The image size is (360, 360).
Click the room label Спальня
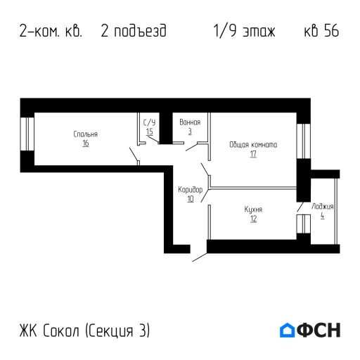(x=85, y=134)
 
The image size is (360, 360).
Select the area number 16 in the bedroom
(x=85, y=143)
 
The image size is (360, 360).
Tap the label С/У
(x=149, y=122)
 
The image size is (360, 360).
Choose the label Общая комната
(x=253, y=145)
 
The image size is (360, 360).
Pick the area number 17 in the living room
(x=253, y=153)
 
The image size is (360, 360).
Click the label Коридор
(x=190, y=190)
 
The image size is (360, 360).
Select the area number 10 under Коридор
(x=190, y=198)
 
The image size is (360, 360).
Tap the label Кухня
(x=253, y=210)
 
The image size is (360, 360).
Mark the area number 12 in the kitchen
(x=253, y=218)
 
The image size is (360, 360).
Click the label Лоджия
(x=323, y=207)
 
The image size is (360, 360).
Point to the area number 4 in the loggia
(x=323, y=215)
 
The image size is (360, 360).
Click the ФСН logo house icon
(x=288, y=330)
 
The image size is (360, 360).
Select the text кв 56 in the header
(x=321, y=32)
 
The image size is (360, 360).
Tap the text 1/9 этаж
(x=244, y=32)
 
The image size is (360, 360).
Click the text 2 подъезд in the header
(x=134, y=32)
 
